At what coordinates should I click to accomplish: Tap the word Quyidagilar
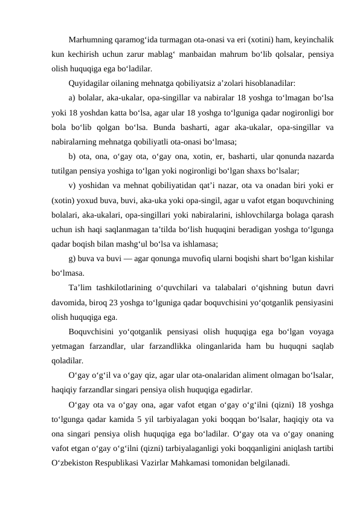click(x=89, y=83)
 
